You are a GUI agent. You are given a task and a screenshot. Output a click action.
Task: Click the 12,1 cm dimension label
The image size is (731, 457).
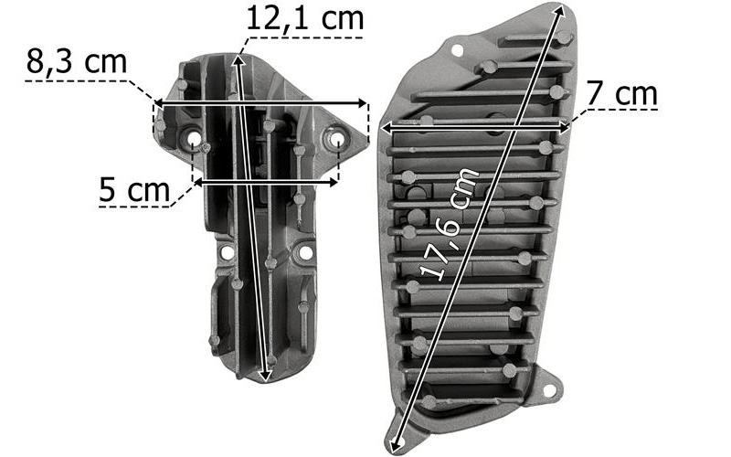304,18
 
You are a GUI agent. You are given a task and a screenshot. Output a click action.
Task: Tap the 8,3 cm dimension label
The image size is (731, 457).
77,61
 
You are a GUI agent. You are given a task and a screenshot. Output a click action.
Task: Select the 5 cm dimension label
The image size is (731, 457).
134,189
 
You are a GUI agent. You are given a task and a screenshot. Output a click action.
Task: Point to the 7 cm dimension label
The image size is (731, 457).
622,93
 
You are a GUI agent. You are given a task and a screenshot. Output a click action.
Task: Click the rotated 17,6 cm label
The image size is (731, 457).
450,225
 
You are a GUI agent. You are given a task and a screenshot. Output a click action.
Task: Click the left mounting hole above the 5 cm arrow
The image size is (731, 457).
194,140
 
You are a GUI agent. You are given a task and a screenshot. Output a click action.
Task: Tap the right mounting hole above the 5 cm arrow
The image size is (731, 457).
336,140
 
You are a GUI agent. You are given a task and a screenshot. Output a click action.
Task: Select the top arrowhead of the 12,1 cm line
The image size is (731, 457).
238,61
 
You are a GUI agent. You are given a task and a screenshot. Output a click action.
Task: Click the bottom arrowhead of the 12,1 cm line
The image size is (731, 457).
266,376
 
